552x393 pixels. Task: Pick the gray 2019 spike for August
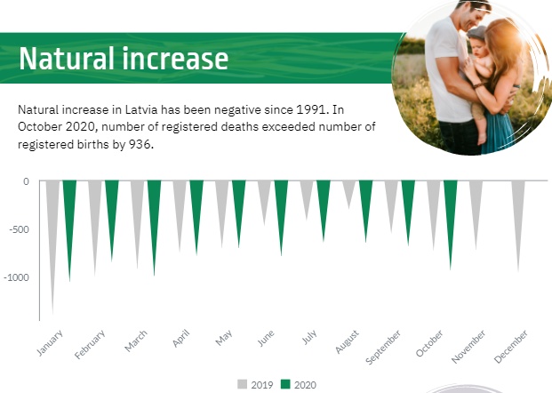tap(348, 193)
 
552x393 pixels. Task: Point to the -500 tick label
tap(20, 229)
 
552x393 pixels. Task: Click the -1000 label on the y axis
tap(17, 277)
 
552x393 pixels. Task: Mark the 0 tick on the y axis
tap(26, 181)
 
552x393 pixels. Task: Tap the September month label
tap(383, 348)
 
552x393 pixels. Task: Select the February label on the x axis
tap(90, 344)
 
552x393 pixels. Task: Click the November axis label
tap(468, 347)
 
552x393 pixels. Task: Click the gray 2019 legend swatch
tap(242, 384)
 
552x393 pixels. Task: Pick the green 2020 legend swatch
tap(285, 384)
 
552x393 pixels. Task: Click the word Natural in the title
tap(67, 58)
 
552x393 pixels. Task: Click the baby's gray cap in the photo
tap(476, 32)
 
